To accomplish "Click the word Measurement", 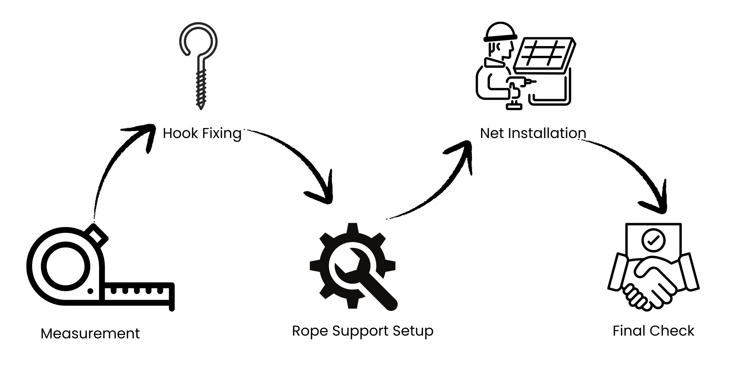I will point(90,334).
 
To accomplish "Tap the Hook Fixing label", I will point(202,133).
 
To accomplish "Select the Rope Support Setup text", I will point(362,331).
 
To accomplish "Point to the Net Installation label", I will point(533,133).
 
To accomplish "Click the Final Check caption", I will point(653,331).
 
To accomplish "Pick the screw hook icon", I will point(199,63).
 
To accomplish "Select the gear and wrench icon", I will point(353,267).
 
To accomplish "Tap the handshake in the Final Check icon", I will point(654,285).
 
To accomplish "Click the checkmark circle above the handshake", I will point(654,240).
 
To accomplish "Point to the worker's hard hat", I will point(500,32).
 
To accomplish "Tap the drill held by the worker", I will point(518,86).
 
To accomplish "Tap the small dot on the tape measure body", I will point(90,291).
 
